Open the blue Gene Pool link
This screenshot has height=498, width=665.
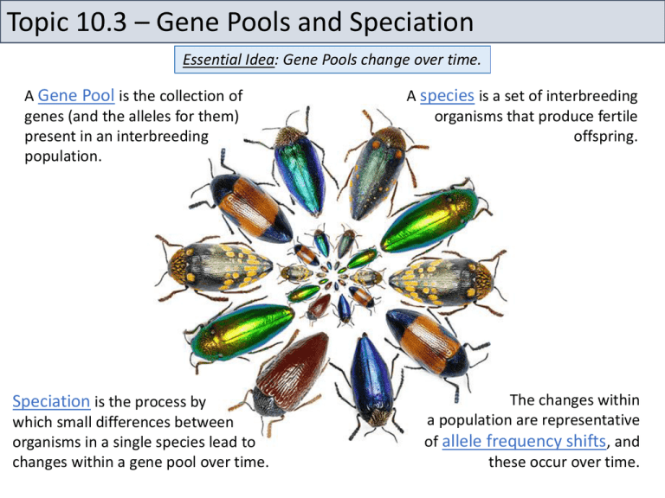74,96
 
